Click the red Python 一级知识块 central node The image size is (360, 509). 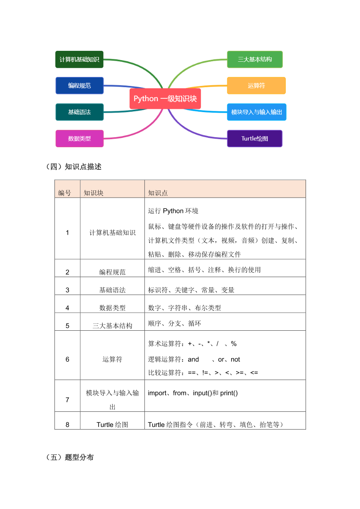pos(165,99)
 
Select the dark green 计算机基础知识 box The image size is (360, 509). pos(80,59)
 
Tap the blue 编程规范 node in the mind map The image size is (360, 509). pos(80,86)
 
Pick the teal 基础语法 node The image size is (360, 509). pos(80,112)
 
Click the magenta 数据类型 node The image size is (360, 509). pos(80,138)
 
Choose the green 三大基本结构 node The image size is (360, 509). pos(255,59)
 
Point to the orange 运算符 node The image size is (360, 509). pos(256,86)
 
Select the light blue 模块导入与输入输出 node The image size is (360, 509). pos(257,112)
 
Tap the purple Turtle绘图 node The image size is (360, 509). pos(255,138)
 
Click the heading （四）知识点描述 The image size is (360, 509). pos(73,167)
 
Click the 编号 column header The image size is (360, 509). pos(65,193)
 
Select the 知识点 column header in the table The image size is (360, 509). pos(158,193)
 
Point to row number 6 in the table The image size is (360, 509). pos(67,359)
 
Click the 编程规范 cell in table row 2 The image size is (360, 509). pos(112,272)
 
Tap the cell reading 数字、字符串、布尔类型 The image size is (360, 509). pos(184,308)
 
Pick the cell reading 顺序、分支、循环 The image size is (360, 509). pos(174,323)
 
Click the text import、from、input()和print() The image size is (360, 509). pos(193,393)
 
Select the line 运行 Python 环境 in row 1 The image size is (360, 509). pos(173,211)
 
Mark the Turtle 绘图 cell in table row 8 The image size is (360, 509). pos(112,425)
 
